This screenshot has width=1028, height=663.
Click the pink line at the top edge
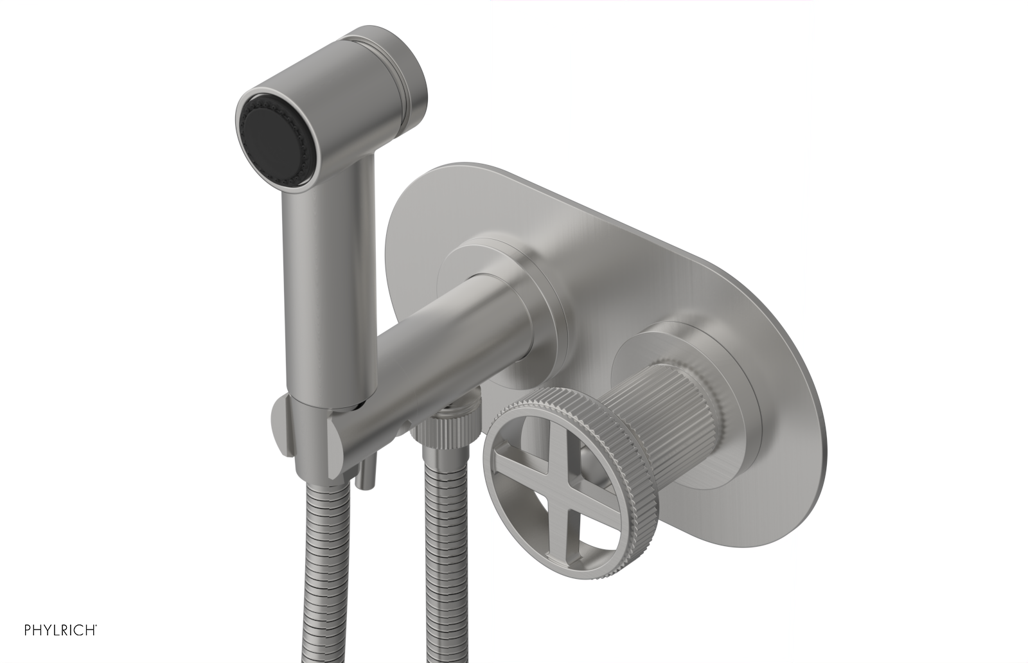(649, 1)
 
